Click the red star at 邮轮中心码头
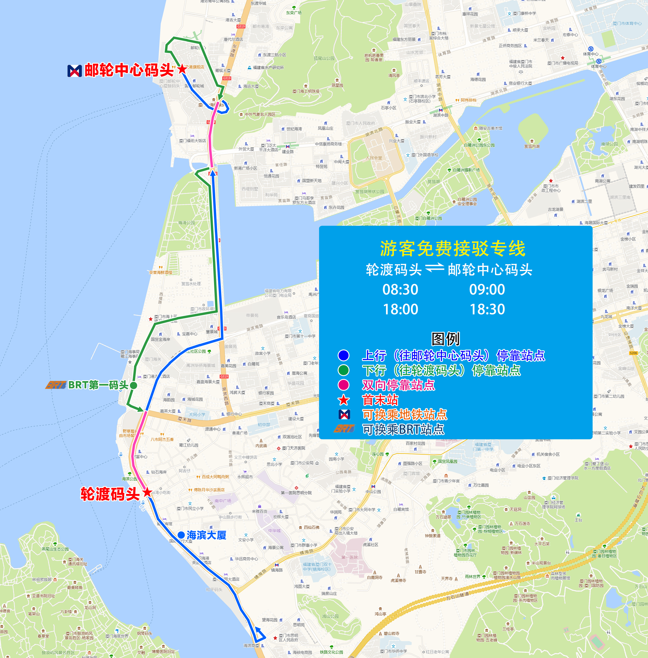[x=182, y=69]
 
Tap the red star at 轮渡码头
[x=147, y=492]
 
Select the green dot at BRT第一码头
[x=134, y=385]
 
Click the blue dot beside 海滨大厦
[x=181, y=535]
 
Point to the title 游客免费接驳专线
[x=453, y=248]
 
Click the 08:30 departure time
[x=400, y=289]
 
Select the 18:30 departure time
[x=487, y=309]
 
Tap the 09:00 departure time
[x=487, y=289]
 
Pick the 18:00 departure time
[x=401, y=309]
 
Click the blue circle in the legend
[x=343, y=355]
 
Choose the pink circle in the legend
[x=343, y=385]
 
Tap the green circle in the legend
[x=343, y=370]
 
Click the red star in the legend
[x=343, y=400]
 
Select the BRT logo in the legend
[x=344, y=429]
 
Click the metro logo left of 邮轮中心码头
[x=75, y=70]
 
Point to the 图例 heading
[x=446, y=339]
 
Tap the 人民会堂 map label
[x=374, y=158]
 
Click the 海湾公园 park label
[x=186, y=223]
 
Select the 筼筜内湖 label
[x=532, y=146]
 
